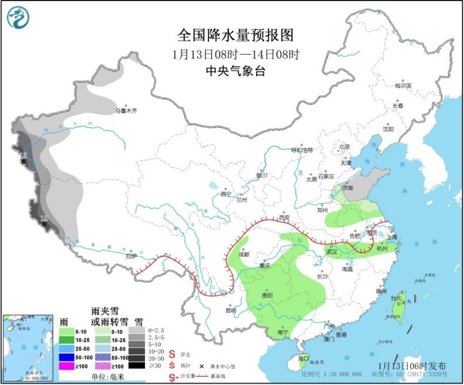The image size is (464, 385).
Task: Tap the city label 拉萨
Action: (x=131, y=256)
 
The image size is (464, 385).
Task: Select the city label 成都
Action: (x=243, y=254)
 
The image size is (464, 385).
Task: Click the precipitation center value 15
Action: (x=23, y=156)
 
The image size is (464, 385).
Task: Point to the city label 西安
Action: (x=283, y=217)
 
